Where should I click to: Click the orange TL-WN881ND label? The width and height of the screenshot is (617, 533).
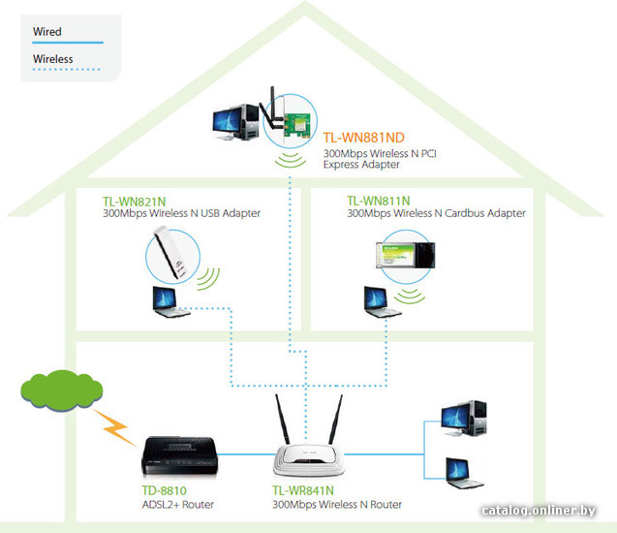[363, 138]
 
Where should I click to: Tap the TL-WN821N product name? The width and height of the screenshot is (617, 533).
[135, 202]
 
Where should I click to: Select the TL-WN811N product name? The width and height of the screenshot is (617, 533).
[378, 202]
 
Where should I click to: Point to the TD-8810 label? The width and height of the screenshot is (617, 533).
[164, 490]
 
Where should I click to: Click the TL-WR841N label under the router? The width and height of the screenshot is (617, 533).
[303, 490]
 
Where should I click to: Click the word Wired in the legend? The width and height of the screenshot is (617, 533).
[47, 31]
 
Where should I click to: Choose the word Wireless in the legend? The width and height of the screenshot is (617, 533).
[53, 59]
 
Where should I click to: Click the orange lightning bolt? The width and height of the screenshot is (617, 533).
[114, 427]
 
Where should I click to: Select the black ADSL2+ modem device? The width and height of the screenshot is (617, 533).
[179, 455]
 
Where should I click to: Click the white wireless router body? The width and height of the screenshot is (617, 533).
[308, 459]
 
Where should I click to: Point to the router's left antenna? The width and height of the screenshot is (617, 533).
[282, 420]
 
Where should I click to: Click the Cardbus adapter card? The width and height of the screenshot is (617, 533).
[405, 255]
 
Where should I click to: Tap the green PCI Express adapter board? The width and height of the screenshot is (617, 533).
[296, 125]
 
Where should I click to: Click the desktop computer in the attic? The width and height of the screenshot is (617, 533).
[235, 122]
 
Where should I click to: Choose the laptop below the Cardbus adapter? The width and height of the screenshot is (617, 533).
[382, 302]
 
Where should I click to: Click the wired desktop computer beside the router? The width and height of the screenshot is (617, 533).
[464, 419]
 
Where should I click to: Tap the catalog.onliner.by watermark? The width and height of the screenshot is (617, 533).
[538, 511]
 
